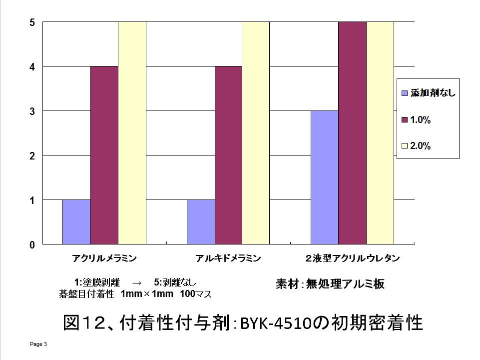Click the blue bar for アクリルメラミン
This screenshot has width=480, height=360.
tap(76, 222)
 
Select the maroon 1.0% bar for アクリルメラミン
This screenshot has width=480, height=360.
tap(104, 155)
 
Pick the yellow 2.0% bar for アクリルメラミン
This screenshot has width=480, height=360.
tap(132, 133)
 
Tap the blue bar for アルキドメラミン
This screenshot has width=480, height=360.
tap(201, 222)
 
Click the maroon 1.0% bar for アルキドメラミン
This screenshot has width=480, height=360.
tap(228, 155)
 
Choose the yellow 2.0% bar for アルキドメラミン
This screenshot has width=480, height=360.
tap(256, 133)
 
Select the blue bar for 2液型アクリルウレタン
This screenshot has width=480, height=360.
tap(325, 177)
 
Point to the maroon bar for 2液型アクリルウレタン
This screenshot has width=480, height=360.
tap(352, 133)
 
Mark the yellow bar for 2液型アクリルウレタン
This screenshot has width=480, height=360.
tap(380, 133)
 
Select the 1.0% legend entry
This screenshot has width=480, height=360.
tap(421, 120)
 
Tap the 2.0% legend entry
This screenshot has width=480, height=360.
tap(421, 146)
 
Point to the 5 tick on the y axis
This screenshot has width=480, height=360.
tap(32, 22)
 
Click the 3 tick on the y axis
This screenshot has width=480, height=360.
tap(32, 111)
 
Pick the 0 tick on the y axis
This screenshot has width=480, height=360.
tap(32, 245)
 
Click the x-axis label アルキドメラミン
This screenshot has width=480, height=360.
tap(228, 258)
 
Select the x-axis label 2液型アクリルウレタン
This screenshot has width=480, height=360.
tap(352, 258)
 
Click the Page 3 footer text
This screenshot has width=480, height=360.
tap(38, 344)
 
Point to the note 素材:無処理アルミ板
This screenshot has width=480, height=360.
tap(330, 284)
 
